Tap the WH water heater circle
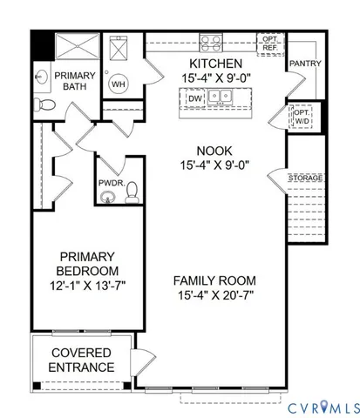[x=120, y=84]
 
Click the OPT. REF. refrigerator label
[x=268, y=44]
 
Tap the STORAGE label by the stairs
[x=306, y=178]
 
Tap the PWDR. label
[x=109, y=183]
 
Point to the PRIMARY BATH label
[x=77, y=84]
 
